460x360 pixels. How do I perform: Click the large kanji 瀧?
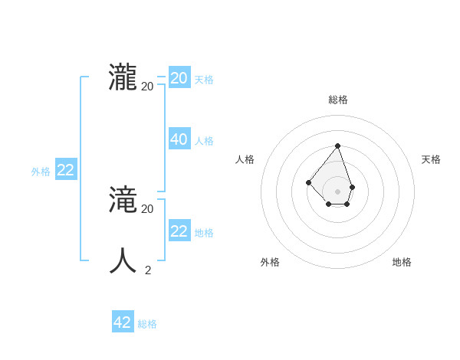pos(123,78)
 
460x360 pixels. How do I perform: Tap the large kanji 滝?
pos(123,201)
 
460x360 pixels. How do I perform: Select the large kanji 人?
pos(123,261)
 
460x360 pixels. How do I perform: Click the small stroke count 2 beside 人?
pos(148,270)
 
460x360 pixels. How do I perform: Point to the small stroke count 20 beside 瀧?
pos(147,86)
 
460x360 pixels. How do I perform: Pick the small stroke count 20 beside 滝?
pos(147,208)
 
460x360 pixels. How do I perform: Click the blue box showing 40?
pos(179,139)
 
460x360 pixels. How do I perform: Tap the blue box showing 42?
pos(123,322)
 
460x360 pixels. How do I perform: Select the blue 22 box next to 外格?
pos(66,170)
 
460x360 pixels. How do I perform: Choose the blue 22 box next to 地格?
pos(179,231)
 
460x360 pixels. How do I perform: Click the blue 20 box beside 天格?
pos(179,78)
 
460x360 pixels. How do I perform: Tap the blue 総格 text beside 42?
pos(147,324)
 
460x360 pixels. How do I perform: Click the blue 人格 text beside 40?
pos(204,141)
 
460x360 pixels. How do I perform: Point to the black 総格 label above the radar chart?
pos(337,100)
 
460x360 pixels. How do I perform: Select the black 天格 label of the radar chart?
pos(431,159)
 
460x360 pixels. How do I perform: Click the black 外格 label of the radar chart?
pos(270,262)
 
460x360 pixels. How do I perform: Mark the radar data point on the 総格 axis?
pos(337,146)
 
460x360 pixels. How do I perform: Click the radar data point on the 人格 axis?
pos(308,182)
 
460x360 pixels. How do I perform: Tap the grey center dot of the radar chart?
pos(337,191)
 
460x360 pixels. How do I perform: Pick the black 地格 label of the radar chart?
pos(402,262)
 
